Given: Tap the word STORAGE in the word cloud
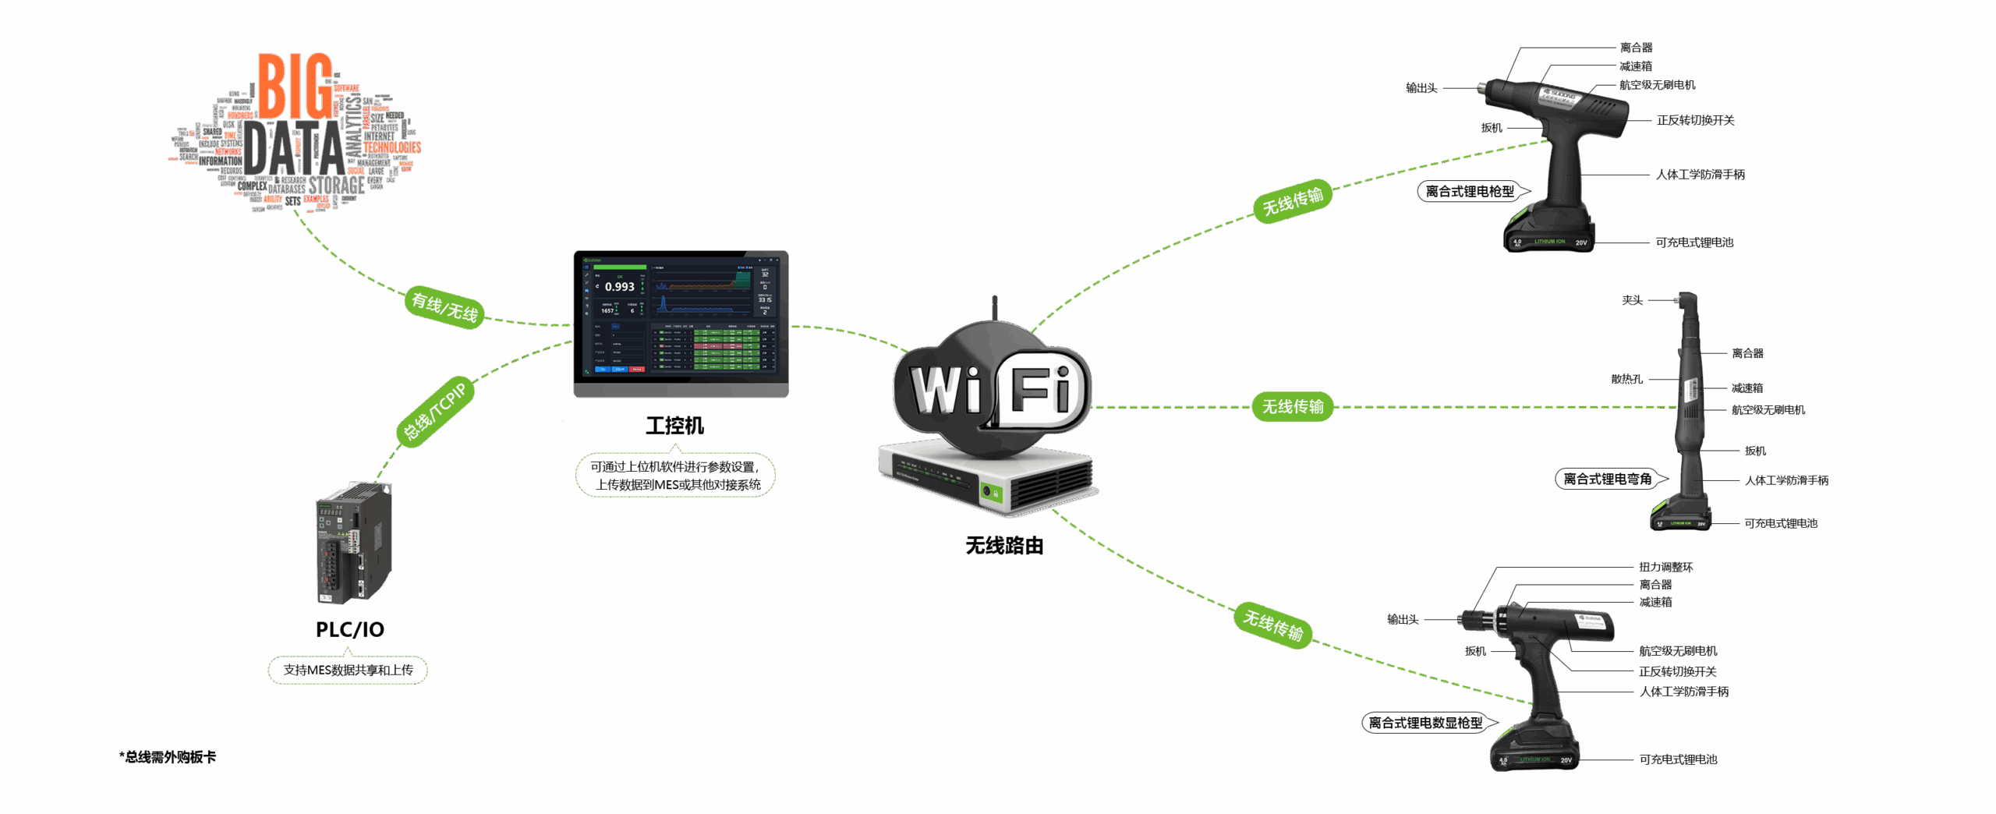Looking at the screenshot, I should point(336,186).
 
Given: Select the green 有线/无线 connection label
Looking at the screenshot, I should point(444,307).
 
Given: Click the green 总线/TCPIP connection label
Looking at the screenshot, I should point(435,412).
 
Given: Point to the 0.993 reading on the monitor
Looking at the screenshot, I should point(619,287).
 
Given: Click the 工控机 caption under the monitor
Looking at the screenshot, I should point(674,426).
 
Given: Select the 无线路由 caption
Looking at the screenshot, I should point(1004,546).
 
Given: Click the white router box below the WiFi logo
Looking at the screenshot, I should point(987,477).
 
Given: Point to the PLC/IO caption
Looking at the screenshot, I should point(349,629).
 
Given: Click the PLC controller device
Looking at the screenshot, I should point(353,543).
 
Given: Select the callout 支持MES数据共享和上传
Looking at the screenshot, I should point(348,670).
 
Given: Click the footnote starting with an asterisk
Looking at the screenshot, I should point(168,757).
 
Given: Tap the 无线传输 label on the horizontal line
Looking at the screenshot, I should point(1293,406).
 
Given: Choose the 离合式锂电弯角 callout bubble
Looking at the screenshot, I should point(1608,479).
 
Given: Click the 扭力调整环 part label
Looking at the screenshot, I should point(1665,567).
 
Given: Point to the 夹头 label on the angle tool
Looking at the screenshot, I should point(1632,300).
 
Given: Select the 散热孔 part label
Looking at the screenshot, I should point(1626,379).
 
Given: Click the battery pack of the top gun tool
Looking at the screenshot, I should point(1549,232).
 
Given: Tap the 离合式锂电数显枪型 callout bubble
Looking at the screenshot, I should point(1427,723).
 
